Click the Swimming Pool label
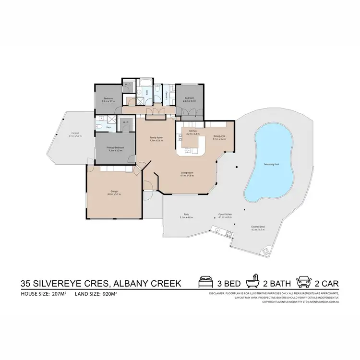point(271,164)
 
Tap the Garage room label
point(114,193)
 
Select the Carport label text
point(75,134)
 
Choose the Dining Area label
point(220,137)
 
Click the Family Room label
point(156,139)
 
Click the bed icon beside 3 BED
point(205,282)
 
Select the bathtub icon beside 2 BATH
point(252,282)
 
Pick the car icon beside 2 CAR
point(305,282)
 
